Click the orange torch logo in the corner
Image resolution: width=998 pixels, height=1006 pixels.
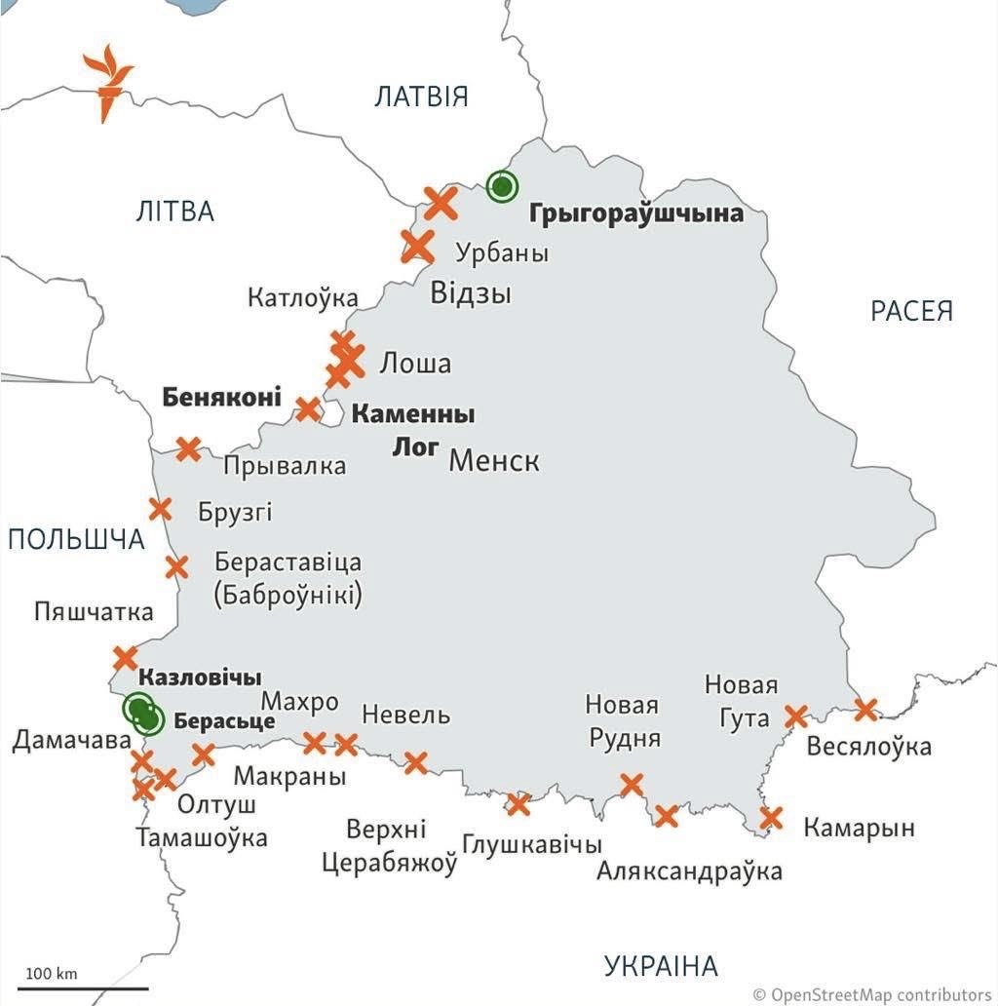[x=107, y=82]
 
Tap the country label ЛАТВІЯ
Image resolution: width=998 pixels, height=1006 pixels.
[x=421, y=97]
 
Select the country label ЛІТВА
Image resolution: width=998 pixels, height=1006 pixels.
[x=175, y=211]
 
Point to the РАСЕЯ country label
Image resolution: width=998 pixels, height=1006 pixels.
[x=911, y=311]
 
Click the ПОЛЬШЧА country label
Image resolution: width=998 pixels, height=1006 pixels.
[x=76, y=539]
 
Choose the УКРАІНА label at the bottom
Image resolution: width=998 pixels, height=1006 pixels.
[x=660, y=966]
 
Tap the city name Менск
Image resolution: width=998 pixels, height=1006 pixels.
[x=493, y=460]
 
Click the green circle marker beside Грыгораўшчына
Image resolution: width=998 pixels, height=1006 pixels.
[x=502, y=185]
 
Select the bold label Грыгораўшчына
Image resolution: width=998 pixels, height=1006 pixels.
[x=636, y=213]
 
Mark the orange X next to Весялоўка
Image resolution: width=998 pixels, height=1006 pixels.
[x=864, y=709]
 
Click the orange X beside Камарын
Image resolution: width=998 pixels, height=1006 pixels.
[x=771, y=818]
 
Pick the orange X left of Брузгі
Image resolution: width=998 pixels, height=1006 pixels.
[x=160, y=509]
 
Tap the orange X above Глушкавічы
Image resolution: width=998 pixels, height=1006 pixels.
[x=518, y=804]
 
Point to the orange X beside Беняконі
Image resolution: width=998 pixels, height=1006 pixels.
[x=308, y=408]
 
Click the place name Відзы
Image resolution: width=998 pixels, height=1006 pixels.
[x=471, y=292]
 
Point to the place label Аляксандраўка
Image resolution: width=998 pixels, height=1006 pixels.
[x=690, y=871]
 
